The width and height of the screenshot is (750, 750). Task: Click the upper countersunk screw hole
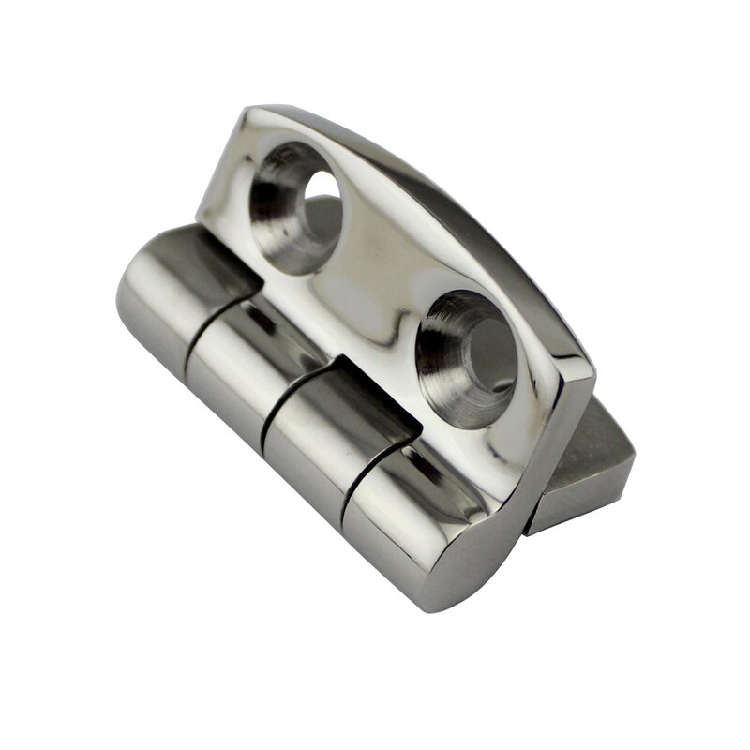pos(296,206)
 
